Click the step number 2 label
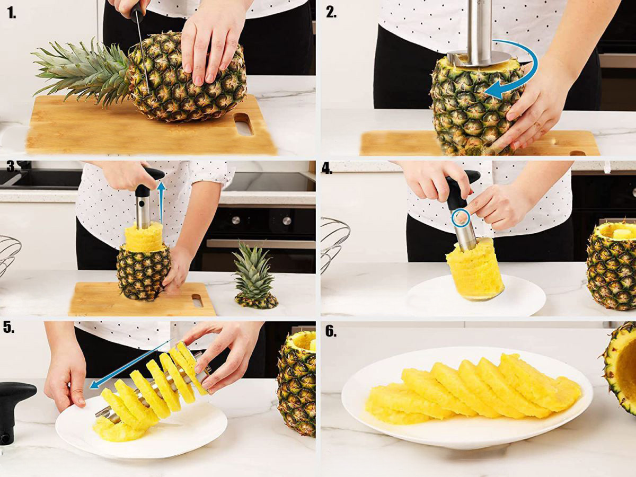[331, 12]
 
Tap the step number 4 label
[326, 170]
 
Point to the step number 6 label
[331, 332]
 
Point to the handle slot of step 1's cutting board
[244, 124]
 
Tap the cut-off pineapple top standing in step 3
[254, 276]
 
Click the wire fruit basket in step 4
[334, 243]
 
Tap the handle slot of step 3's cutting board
[197, 301]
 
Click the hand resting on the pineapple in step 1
[213, 41]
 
